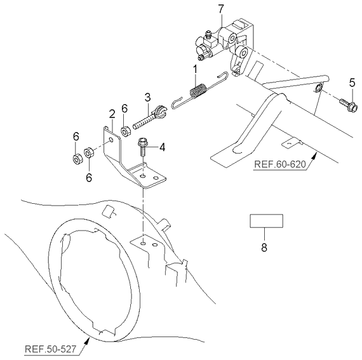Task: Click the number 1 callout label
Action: pyautogui.click(x=196, y=68)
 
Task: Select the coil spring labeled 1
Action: pyautogui.click(x=198, y=92)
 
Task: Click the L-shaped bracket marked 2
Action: pyautogui.click(x=130, y=159)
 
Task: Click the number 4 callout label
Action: pyautogui.click(x=162, y=147)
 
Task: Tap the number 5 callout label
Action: pyautogui.click(x=352, y=82)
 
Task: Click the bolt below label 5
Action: pyautogui.click(x=347, y=101)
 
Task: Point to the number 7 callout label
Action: pyautogui.click(x=220, y=8)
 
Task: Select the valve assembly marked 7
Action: pyautogui.click(x=225, y=41)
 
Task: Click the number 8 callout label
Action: pyautogui.click(x=265, y=248)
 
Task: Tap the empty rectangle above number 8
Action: pyautogui.click(x=265, y=222)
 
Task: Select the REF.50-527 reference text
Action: pyautogui.click(x=51, y=349)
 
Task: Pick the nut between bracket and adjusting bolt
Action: pyautogui.click(x=125, y=131)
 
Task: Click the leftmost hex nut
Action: pyautogui.click(x=76, y=156)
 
